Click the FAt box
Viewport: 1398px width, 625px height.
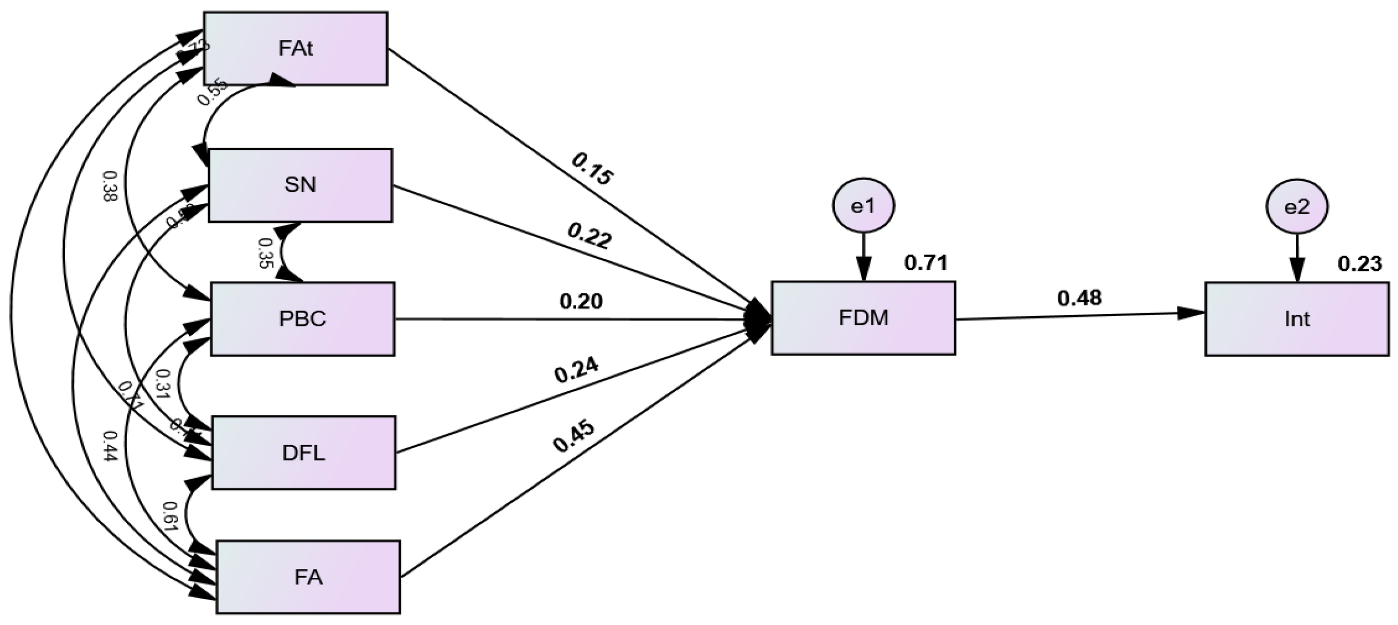[296, 49]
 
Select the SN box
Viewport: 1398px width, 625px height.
[300, 185]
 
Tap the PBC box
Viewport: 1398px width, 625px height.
[302, 319]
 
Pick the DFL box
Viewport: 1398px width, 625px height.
[303, 453]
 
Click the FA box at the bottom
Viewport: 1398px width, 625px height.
[308, 577]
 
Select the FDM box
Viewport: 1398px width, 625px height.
[863, 318]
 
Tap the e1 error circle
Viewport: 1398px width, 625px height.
[863, 206]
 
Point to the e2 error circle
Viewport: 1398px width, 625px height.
[1297, 207]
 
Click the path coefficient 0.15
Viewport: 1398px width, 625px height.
[592, 170]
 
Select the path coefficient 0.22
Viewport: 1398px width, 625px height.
[590, 237]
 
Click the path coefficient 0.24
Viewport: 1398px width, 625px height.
[576, 371]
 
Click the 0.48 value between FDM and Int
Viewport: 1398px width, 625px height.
[1080, 298]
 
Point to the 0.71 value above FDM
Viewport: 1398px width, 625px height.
[926, 264]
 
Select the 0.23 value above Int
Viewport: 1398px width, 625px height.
[1360, 264]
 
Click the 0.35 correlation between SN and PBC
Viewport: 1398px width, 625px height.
[265, 253]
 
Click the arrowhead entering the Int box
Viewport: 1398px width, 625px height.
[1192, 313]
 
